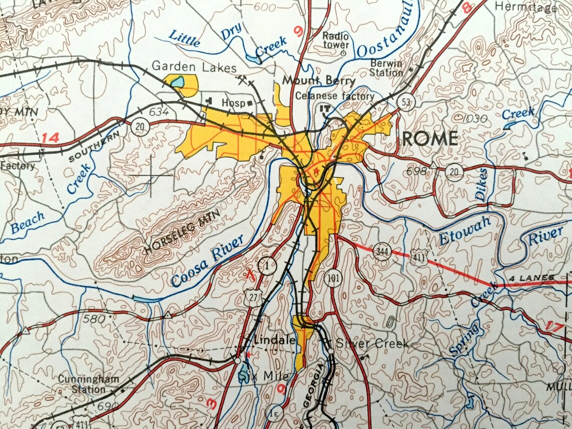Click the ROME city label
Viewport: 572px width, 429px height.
[430, 138]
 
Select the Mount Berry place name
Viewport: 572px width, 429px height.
[318, 80]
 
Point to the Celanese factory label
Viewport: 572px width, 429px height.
[335, 96]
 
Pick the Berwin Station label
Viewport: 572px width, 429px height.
[386, 68]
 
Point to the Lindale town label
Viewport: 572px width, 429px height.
[274, 340]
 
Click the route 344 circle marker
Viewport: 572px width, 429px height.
[382, 249]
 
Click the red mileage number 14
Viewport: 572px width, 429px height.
[50, 137]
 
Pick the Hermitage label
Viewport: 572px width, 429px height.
[525, 7]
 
